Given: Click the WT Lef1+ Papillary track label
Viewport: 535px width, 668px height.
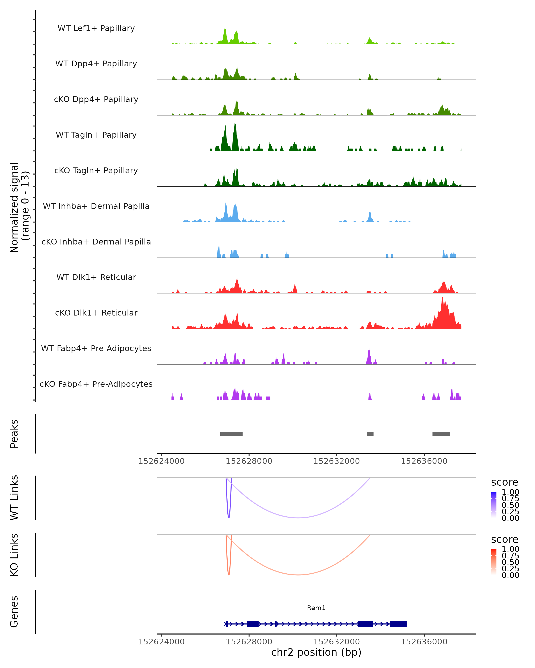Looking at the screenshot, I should tap(96, 28).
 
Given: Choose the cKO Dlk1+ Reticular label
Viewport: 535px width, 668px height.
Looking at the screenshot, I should tap(96, 313).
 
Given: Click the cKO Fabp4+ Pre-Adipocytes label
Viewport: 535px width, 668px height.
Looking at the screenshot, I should tap(96, 384).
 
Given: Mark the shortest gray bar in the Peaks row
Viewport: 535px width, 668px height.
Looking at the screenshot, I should tap(370, 434).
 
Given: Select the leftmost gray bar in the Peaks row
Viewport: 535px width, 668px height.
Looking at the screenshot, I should tap(231, 434).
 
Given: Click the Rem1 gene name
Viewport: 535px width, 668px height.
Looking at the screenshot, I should tap(316, 608).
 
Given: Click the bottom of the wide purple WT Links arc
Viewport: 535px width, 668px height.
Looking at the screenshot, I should tap(298, 518).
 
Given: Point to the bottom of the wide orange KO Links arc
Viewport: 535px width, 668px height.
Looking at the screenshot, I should tap(298, 575).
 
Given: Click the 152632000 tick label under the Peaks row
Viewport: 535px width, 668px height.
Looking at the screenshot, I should tap(337, 461).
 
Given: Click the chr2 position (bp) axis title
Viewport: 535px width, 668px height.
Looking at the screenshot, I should tap(316, 652).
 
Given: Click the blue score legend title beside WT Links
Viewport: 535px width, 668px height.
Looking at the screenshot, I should tap(505, 482).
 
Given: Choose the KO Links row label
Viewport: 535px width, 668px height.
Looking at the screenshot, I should tap(14, 555).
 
